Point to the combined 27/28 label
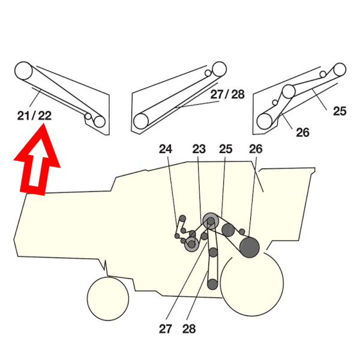pyautogui.click(x=227, y=94)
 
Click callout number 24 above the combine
pyautogui.click(x=166, y=148)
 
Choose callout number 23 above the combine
pyautogui.click(x=199, y=148)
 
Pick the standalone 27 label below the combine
pyautogui.click(x=166, y=329)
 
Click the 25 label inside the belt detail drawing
pyautogui.click(x=340, y=111)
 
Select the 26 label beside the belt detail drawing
pyautogui.click(x=303, y=133)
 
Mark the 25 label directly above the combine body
pyautogui.click(x=226, y=148)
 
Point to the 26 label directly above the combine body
pyautogui.click(x=256, y=148)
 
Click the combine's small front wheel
pyautogui.click(x=108, y=298)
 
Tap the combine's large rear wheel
pyautogui.click(x=252, y=283)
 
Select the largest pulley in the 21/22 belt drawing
pyautogui.click(x=23, y=70)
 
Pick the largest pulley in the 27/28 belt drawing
pyautogui.click(x=141, y=121)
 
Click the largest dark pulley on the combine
pyautogui.click(x=249, y=247)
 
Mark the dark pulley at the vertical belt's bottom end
pyautogui.click(x=212, y=284)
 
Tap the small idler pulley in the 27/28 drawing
pyautogui.click(x=208, y=73)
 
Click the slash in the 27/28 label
pyautogui.click(x=227, y=94)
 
